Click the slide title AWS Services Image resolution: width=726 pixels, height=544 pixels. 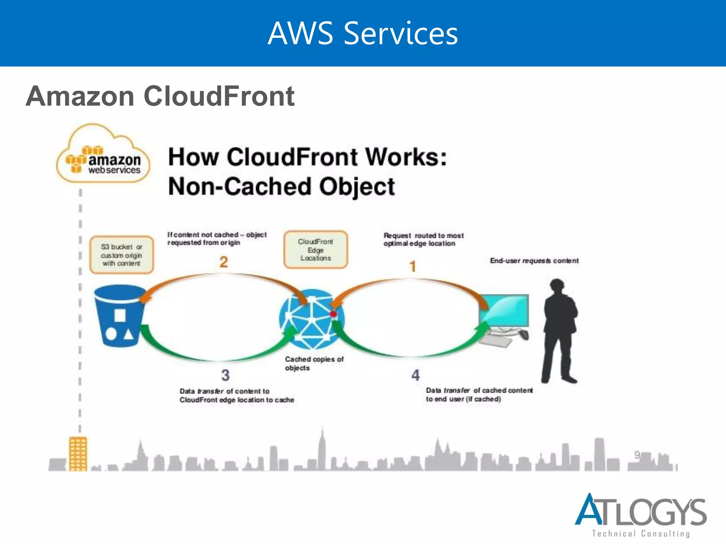363,33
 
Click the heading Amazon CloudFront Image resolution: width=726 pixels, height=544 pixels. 160,96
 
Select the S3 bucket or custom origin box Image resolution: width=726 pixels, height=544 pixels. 122,255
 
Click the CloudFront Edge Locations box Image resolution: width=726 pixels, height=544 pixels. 315,250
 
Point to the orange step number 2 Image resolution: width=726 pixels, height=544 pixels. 224,262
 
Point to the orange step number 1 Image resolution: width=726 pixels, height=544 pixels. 413,266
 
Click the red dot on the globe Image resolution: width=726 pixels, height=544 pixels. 334,314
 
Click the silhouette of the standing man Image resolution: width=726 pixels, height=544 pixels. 559,331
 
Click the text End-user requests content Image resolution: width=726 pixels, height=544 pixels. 534,261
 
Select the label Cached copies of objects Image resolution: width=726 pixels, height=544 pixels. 314,363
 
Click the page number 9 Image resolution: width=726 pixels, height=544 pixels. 637,455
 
